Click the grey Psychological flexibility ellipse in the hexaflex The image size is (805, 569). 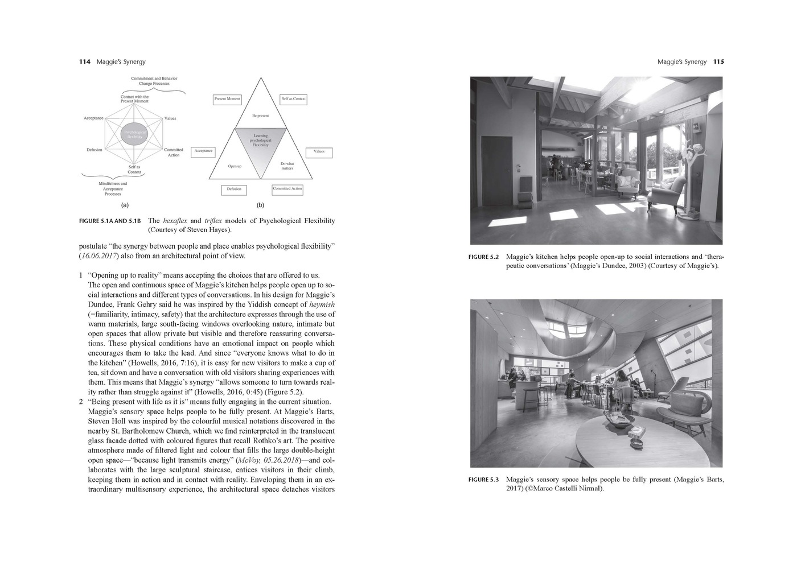point(134,134)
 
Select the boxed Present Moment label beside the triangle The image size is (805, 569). point(227,99)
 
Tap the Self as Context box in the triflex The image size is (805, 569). point(293,99)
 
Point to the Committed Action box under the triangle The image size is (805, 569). point(287,189)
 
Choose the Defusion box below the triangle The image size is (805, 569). point(234,189)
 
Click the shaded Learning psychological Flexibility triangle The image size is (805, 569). point(260,145)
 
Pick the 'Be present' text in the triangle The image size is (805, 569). point(260,116)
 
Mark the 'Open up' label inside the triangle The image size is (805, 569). point(235,166)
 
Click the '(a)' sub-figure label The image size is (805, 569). point(125,205)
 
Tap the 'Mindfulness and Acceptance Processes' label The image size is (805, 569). point(113,188)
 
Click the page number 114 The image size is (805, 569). point(84,61)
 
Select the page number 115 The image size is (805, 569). point(718,61)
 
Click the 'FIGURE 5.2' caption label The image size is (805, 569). point(483,257)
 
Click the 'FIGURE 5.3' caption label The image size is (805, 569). point(483,480)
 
